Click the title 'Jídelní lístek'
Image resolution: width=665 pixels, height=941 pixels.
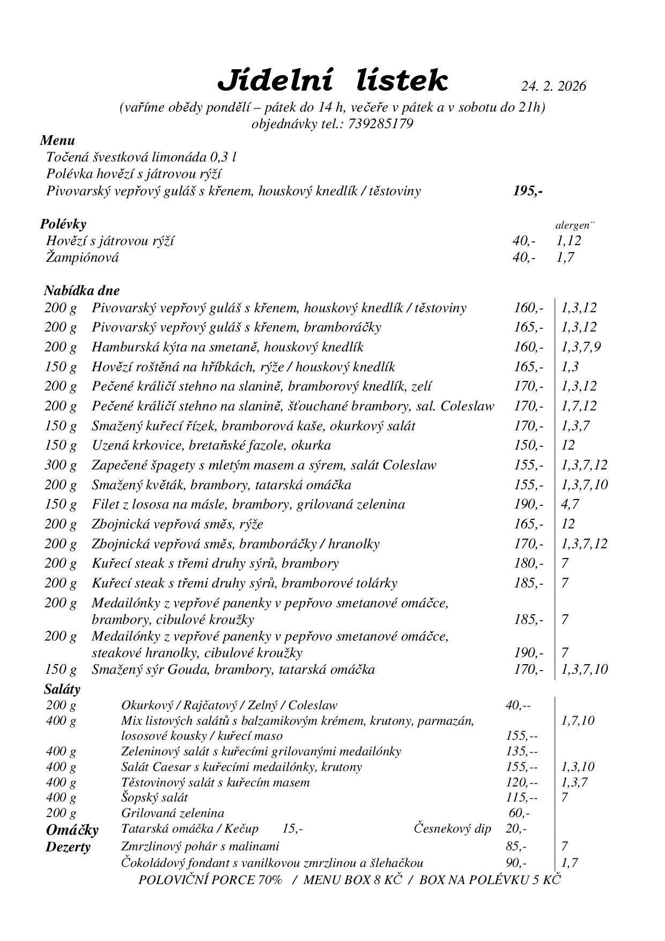coord(332,81)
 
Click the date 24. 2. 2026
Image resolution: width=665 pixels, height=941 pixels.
coord(553,86)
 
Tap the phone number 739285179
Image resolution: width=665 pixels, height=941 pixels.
coord(381,124)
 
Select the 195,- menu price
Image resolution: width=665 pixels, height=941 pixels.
coord(528,191)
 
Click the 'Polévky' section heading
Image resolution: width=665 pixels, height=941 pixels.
coord(63,224)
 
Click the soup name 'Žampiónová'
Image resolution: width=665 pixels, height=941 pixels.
coord(83,258)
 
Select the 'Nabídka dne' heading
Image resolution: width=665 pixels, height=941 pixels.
coord(82,291)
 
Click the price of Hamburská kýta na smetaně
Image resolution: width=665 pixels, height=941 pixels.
coord(528,347)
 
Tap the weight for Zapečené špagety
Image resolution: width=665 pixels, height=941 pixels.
coord(60,465)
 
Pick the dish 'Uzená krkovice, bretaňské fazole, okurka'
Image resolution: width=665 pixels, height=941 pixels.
coord(211,445)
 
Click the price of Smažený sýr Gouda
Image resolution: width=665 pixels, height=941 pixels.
coord(528,670)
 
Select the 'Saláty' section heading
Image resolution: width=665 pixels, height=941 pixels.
coord(62,689)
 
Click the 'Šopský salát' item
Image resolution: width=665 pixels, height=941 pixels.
coord(154,798)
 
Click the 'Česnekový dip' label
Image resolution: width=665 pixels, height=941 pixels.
coord(453,829)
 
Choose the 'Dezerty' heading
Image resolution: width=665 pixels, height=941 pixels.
coord(68,848)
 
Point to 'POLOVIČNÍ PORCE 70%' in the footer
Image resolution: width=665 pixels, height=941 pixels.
coord(210,880)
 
